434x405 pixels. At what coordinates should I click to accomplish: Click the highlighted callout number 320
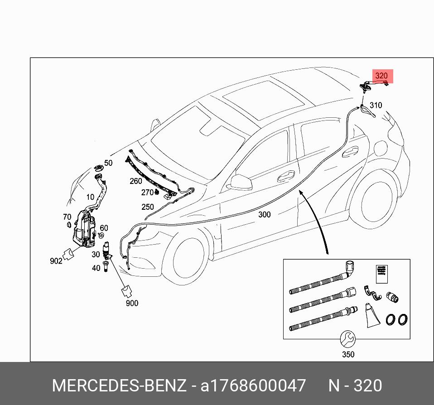tap(382, 76)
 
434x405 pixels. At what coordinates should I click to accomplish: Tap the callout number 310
tap(376, 106)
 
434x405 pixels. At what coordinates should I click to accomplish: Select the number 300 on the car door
tap(265, 214)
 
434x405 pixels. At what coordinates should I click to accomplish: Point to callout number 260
tap(135, 181)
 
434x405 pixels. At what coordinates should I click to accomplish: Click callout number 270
tap(147, 193)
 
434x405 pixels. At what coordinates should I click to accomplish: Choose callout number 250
tap(147, 207)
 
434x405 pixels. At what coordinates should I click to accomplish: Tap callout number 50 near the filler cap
tap(108, 163)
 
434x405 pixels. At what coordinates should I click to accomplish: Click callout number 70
tap(67, 217)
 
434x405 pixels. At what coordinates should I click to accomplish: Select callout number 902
tap(56, 261)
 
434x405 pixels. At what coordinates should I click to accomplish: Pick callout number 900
tap(132, 303)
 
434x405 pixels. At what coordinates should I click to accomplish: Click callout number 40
tap(96, 268)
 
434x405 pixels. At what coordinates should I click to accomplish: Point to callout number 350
tap(348, 354)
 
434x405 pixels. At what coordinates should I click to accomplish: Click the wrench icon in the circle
tap(348, 338)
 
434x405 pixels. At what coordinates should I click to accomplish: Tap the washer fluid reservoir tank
tap(83, 231)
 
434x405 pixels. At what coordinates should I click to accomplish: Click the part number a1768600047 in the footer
tap(253, 386)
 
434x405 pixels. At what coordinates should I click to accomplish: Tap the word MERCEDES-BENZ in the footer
tap(119, 386)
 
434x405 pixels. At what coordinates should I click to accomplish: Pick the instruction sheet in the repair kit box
tap(381, 274)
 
